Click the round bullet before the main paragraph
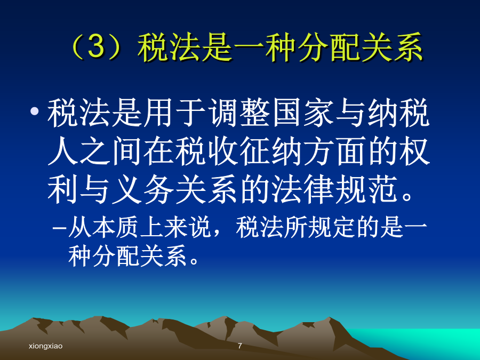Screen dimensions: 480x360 (35, 111)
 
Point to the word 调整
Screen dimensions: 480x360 (240, 113)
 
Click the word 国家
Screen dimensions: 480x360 (303, 113)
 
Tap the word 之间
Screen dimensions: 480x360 (111, 151)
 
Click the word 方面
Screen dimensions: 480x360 (336, 151)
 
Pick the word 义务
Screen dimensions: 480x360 (143, 189)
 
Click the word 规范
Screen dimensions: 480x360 (367, 189)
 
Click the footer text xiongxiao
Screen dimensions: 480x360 (46, 346)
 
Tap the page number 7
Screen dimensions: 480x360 (240, 346)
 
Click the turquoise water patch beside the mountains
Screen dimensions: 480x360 (429, 341)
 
